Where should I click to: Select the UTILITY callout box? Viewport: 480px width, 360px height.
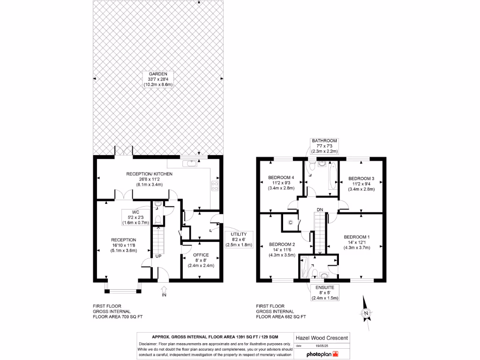pyautogui.click(x=239, y=239)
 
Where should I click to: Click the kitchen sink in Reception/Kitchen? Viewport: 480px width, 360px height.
pyautogui.click(x=191, y=163)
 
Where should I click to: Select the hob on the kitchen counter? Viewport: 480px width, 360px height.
pyautogui.click(x=216, y=185)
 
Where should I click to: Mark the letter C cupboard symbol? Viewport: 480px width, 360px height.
pyautogui.click(x=290, y=222)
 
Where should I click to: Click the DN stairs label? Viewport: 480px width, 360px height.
pyautogui.click(x=320, y=209)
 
